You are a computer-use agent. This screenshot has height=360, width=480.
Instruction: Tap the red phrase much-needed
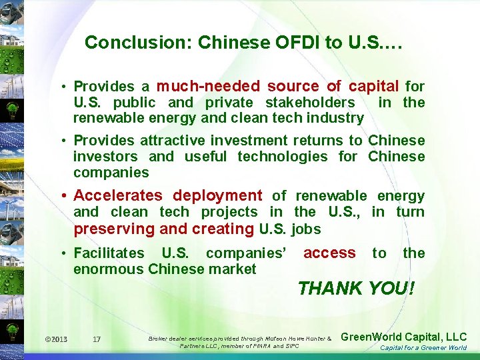pos(208,86)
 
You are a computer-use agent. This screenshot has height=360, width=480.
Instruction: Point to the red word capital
pos(374,86)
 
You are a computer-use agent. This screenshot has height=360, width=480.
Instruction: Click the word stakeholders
pos(311,102)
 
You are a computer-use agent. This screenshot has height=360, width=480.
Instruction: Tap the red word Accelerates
pos(118,195)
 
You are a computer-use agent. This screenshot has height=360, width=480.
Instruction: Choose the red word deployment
pos(217,195)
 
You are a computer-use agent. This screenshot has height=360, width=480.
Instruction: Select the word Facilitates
pos(109,253)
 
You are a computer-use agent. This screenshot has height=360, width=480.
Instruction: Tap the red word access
pos(329,253)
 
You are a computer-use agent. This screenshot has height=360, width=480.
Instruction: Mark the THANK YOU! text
pos(356,289)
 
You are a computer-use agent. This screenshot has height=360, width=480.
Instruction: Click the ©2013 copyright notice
pos(56,339)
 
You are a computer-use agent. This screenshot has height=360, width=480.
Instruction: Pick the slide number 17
pos(97,339)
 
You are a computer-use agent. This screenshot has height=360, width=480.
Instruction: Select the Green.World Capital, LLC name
pos(403,337)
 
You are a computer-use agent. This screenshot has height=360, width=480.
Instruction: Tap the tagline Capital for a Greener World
pos(423,348)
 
